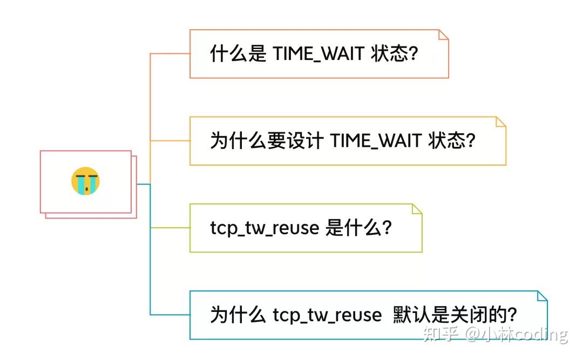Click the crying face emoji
pos(85,181)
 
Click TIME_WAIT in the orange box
pos(318,54)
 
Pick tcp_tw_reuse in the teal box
pos(327,315)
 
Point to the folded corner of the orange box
pos(443,35)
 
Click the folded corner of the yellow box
pos(500,122)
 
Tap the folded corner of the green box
pos(417,209)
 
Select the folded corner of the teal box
pos(542,296)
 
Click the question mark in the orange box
pos(413,54)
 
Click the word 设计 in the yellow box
pos(305,141)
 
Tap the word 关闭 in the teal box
pos(478,315)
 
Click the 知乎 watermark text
pos(440,334)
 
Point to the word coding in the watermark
pos(540,334)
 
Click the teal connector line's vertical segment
pos(150,254)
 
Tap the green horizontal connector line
pos(170,228)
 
